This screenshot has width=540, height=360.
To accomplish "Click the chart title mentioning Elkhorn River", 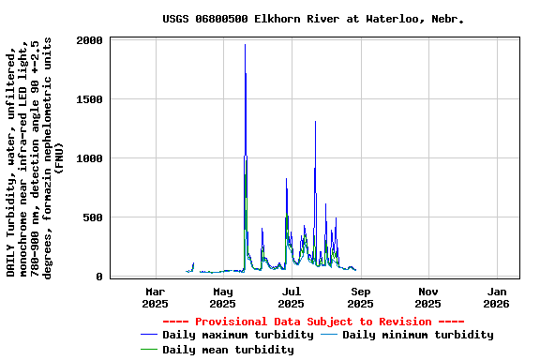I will tap(312, 19).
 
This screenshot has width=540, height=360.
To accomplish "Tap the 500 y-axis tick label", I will tap(93, 217).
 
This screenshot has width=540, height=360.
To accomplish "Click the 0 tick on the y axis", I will tap(99, 277).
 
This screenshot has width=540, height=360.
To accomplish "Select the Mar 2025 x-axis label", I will tap(155, 297).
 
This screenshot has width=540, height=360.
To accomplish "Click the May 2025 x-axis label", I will tap(222, 297).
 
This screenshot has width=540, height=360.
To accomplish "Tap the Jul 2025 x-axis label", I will tap(292, 297).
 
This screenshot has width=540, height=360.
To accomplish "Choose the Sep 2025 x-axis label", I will tap(360, 297).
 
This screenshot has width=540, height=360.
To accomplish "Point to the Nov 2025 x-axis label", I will tap(427, 297).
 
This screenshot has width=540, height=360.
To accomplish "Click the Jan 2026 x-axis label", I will tap(496, 297).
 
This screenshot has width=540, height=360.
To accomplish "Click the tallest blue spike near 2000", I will tap(245, 45).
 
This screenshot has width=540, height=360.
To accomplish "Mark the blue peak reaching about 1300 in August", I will tap(315, 122).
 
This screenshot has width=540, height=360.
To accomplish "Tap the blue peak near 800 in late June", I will tap(286, 179).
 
